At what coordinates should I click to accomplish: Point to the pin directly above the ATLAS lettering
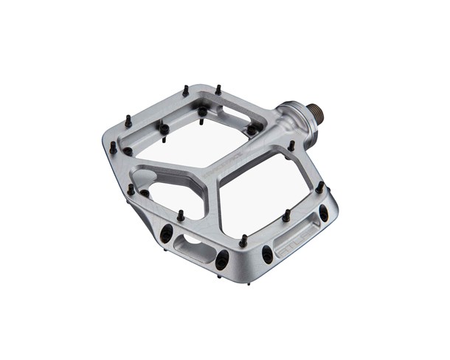(285, 215)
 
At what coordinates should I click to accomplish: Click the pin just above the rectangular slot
(179, 215)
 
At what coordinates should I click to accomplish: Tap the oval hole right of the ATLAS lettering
(322, 215)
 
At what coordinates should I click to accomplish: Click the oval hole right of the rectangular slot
(221, 257)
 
